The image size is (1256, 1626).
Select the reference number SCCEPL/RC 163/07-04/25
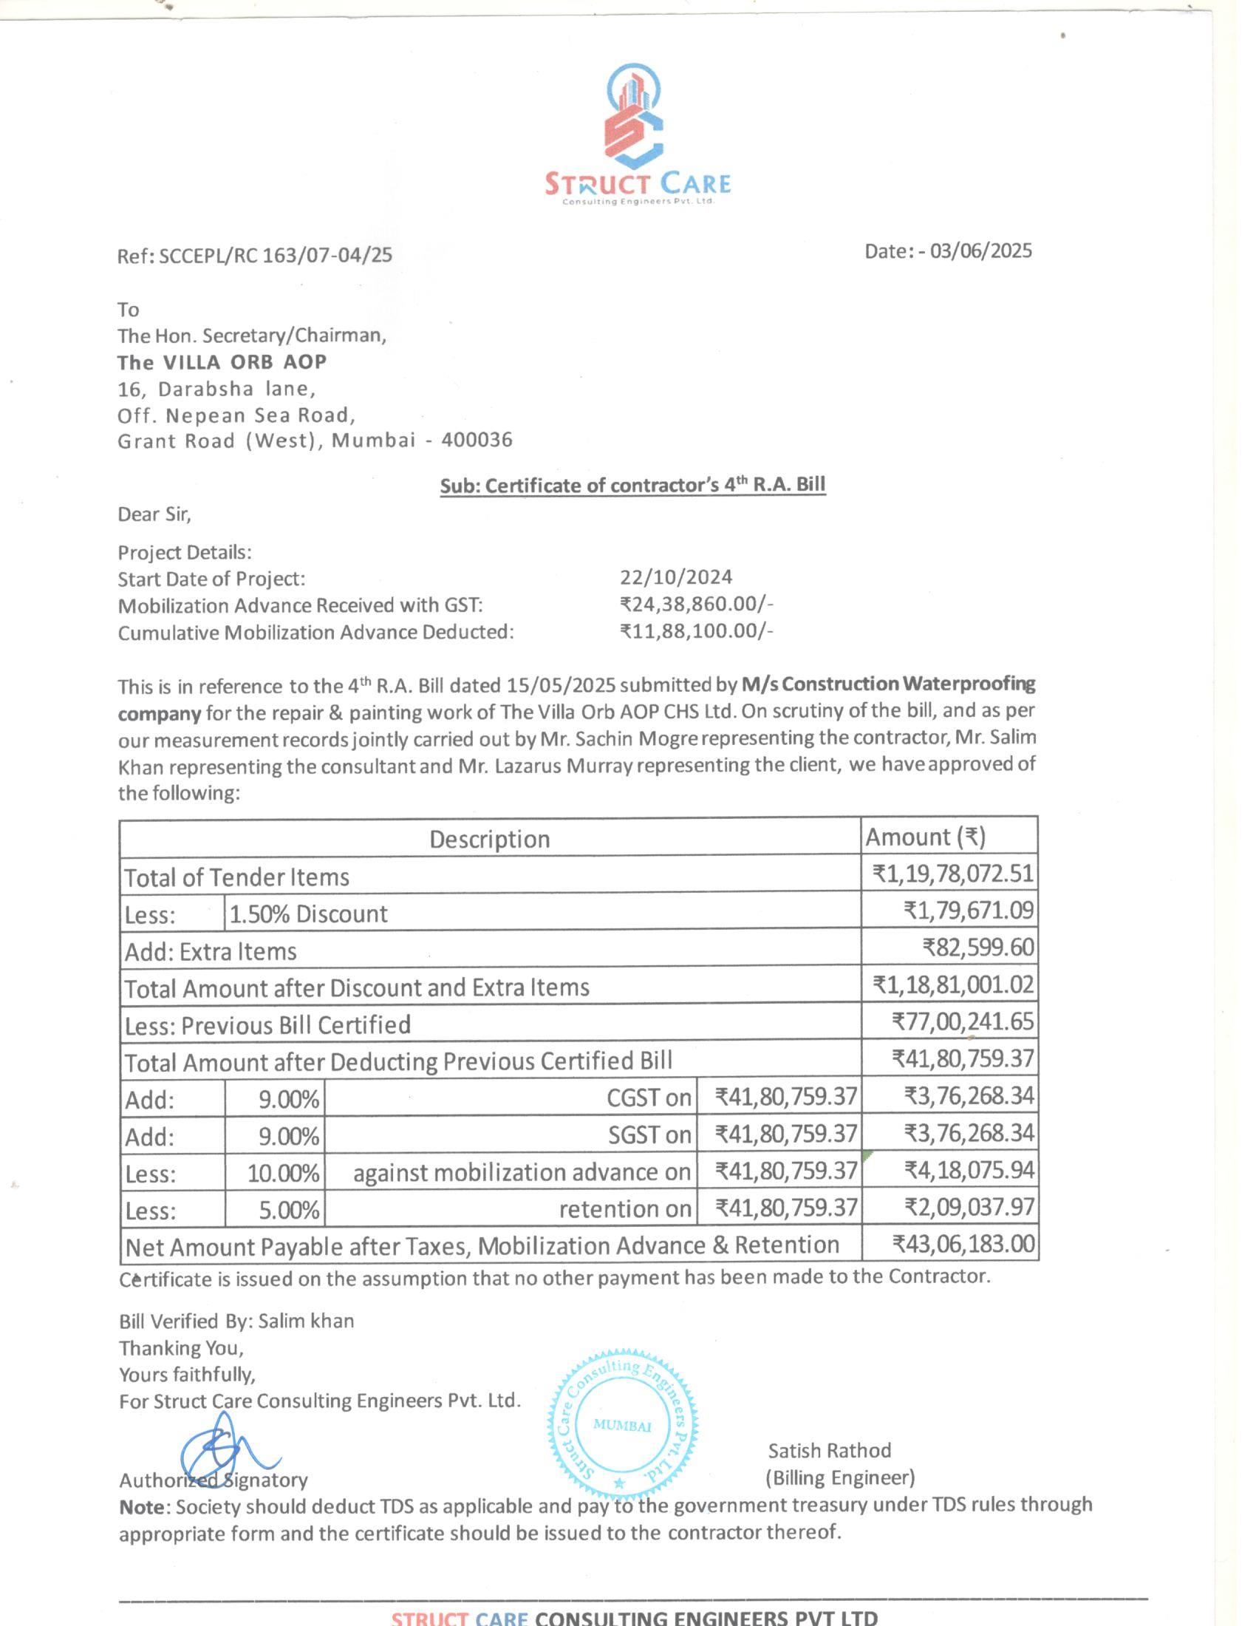pyautogui.click(x=276, y=256)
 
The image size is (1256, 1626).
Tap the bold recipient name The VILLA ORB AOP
pyautogui.click(x=222, y=362)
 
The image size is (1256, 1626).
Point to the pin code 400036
pyautogui.click(x=477, y=440)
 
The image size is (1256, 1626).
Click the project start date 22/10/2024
pyautogui.click(x=675, y=577)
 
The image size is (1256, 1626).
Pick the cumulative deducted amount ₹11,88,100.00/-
pyautogui.click(x=697, y=631)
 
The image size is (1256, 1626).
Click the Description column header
pyautogui.click(x=490, y=839)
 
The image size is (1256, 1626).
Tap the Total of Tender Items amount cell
pyautogui.click(x=953, y=874)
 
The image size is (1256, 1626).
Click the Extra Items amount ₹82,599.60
pyautogui.click(x=977, y=948)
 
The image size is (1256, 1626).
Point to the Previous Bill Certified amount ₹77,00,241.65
pyautogui.click(x=963, y=1021)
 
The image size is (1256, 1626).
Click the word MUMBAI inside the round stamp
pyautogui.click(x=622, y=1426)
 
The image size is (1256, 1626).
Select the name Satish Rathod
pyautogui.click(x=829, y=1449)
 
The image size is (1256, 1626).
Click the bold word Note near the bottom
pyautogui.click(x=141, y=1506)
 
